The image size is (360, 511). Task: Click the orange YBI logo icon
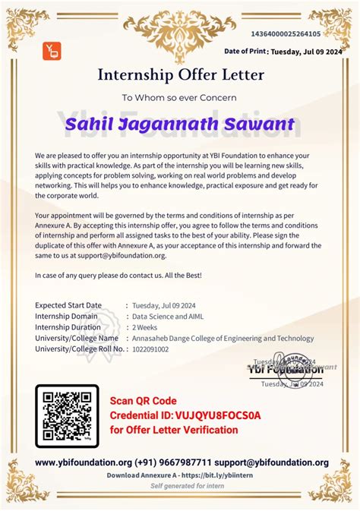click(51, 52)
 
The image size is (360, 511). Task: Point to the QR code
click(67, 417)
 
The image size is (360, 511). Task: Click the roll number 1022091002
click(150, 349)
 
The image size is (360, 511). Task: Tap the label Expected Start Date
click(68, 305)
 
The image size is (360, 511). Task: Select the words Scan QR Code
click(143, 401)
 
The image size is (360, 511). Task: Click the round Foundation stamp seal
click(290, 365)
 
